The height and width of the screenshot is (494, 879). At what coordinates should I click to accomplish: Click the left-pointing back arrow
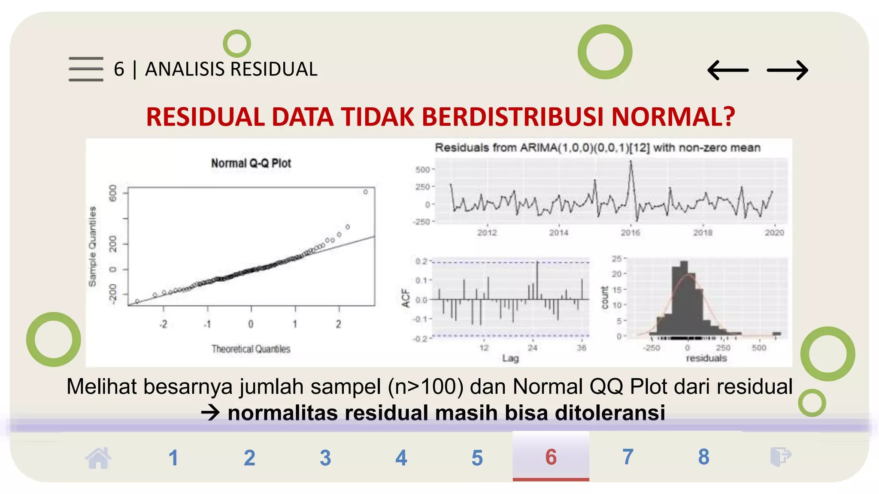[x=728, y=70]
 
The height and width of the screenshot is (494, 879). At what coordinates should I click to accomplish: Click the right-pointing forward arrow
[x=788, y=70]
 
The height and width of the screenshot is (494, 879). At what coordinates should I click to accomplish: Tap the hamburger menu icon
[x=86, y=69]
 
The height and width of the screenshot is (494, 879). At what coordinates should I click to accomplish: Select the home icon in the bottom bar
[x=98, y=458]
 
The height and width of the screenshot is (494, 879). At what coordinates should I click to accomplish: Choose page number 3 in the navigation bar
[x=325, y=458]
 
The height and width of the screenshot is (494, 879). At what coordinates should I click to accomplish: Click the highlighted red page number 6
[x=551, y=457]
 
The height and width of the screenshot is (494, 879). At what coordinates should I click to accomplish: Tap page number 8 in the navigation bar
[x=703, y=457]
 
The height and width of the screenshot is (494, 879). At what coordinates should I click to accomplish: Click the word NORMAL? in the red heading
[x=673, y=117]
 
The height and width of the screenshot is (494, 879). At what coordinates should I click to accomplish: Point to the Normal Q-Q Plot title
[x=251, y=163]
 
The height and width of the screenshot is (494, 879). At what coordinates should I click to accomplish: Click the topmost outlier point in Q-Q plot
[x=365, y=192]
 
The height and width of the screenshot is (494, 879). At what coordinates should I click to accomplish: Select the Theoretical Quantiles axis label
[x=251, y=349]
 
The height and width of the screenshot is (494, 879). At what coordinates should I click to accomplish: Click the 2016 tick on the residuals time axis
[x=630, y=233]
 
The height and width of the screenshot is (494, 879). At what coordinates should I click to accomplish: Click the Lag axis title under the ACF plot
[x=510, y=358]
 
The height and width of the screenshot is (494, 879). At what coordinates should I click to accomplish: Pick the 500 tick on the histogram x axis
[x=758, y=348]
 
